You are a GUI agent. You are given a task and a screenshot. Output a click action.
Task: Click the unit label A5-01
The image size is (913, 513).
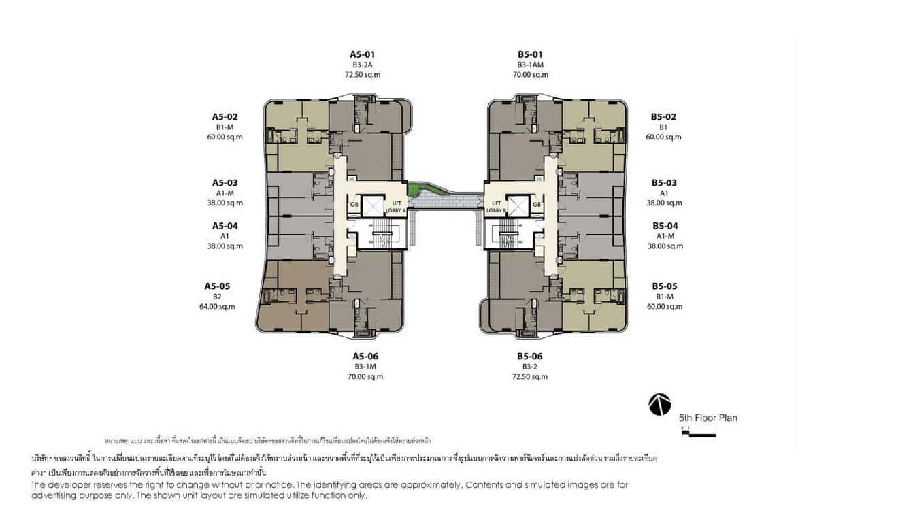pyautogui.click(x=362, y=54)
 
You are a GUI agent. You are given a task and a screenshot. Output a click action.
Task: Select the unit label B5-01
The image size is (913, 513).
pyautogui.click(x=530, y=54)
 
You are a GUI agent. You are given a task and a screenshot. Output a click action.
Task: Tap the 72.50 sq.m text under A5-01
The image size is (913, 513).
pyautogui.click(x=362, y=75)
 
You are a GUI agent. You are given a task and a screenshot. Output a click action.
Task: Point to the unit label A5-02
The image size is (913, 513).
pyautogui.click(x=225, y=117)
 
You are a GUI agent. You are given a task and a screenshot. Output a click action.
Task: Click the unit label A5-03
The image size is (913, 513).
pyautogui.click(x=225, y=183)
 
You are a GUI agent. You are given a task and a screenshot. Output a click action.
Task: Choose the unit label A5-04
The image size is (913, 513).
pyautogui.click(x=225, y=226)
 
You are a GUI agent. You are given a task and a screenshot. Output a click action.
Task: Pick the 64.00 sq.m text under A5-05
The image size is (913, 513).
pyautogui.click(x=217, y=306)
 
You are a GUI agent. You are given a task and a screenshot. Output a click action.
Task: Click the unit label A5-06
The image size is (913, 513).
pyautogui.click(x=365, y=357)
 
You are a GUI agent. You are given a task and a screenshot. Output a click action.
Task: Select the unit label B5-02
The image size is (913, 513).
pyautogui.click(x=663, y=117)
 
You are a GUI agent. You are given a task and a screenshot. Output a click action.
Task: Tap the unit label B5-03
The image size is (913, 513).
pyautogui.click(x=664, y=183)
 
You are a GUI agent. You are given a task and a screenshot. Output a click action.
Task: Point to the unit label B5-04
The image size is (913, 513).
pyautogui.click(x=665, y=226)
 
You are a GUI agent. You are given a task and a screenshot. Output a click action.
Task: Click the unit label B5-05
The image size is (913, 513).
pyautogui.click(x=664, y=286)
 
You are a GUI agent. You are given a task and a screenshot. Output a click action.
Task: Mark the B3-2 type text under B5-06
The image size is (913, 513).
pyautogui.click(x=530, y=367)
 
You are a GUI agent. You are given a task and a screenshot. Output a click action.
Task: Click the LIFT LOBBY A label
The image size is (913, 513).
pyautogui.click(x=396, y=207)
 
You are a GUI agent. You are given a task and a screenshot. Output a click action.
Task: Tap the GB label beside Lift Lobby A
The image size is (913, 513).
pyautogui.click(x=354, y=205)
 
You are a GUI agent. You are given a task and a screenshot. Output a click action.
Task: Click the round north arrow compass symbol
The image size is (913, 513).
pyautogui.click(x=659, y=404)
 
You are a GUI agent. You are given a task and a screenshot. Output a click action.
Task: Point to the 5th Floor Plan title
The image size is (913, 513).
pyautogui.click(x=708, y=418)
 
